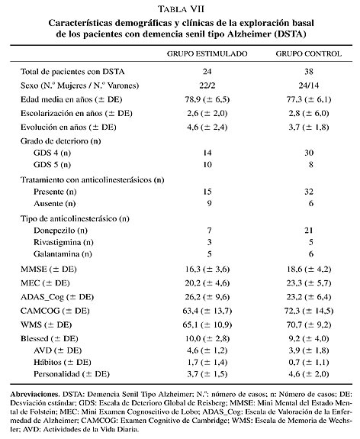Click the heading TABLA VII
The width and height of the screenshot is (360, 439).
coord(181,9)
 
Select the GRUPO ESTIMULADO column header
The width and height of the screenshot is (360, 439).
coord(207,53)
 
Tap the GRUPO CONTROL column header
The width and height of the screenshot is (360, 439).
coord(309,53)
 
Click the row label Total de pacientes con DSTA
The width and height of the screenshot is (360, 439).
coord(72,72)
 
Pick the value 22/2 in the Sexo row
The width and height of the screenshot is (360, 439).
coord(207,86)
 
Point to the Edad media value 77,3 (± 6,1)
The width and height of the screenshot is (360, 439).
coord(309,99)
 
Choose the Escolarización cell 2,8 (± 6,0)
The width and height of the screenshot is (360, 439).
coord(309,114)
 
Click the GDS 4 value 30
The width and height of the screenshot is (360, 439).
coord(309,153)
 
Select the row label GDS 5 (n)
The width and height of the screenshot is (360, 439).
coord(52,165)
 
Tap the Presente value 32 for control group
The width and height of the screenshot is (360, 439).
coord(309,192)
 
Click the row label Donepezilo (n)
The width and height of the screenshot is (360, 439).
coord(60,231)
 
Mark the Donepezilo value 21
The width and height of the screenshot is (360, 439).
coord(309,231)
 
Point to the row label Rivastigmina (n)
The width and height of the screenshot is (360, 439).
coord(63,243)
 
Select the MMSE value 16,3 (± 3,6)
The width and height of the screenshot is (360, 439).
coord(207,270)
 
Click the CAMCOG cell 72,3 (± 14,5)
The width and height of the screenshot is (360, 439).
coord(309,311)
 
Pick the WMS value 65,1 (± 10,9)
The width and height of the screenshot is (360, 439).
coord(207,325)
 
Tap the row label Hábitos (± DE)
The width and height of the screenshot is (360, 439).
coord(63,363)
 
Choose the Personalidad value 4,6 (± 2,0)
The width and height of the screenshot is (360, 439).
coord(309,374)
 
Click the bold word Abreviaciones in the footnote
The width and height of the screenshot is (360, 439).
coord(35,395)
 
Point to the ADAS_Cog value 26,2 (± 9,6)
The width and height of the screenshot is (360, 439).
coord(207,297)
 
